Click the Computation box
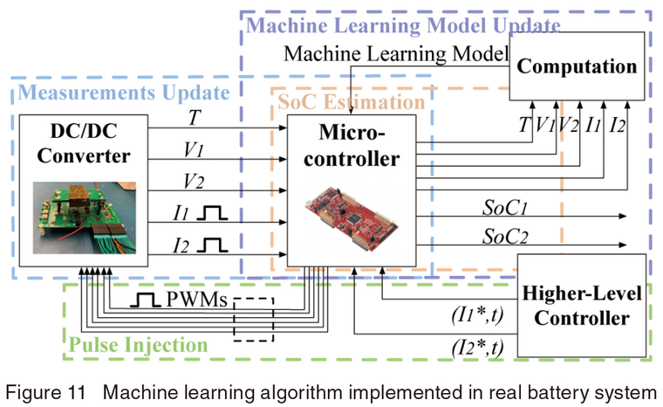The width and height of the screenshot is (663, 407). pyautogui.click(x=579, y=66)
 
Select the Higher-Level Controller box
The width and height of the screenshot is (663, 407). pyautogui.click(x=581, y=306)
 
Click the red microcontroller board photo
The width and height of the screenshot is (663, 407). pyautogui.click(x=359, y=215)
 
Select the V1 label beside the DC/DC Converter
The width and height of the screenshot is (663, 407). pyautogui.click(x=193, y=149)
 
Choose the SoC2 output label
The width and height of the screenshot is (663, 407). pyautogui.click(x=505, y=237)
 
